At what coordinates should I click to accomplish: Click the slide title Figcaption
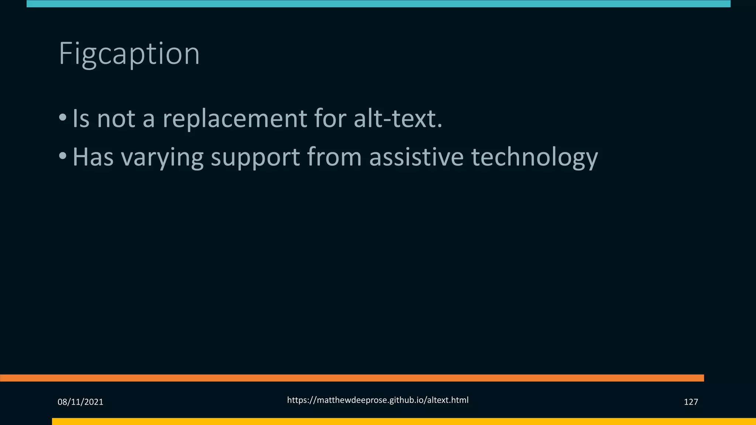pos(129,54)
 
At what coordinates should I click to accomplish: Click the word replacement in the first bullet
pos(235,119)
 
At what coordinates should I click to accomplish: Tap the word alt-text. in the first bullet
pos(398,119)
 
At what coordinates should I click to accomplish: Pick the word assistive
pos(416,157)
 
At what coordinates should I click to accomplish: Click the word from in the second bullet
pos(334,157)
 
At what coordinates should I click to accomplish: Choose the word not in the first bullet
pos(116,119)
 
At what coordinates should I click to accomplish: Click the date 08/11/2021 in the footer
pos(80,402)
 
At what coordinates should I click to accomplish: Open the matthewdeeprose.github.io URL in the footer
pos(378,400)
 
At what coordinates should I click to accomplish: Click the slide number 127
pos(691,402)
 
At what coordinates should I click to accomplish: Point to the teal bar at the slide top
pos(378,4)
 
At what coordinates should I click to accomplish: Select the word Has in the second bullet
pos(93,157)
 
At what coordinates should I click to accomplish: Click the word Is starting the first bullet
pos(81,119)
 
